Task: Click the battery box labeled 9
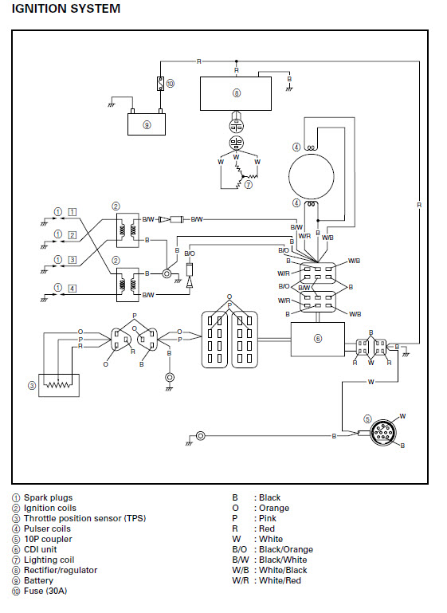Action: (x=147, y=124)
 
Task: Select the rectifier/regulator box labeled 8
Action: (x=236, y=93)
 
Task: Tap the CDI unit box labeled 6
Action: (x=318, y=339)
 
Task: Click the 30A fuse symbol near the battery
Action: (x=160, y=83)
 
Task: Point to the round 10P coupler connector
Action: (x=383, y=433)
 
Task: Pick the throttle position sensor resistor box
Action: (x=59, y=386)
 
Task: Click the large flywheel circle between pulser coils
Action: (x=312, y=176)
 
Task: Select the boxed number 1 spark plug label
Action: (x=73, y=212)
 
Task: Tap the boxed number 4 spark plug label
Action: (x=73, y=289)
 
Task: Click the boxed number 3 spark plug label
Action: (x=73, y=260)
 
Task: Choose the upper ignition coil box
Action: (x=127, y=230)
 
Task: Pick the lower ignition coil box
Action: (x=127, y=285)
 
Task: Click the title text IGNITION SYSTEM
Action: (x=66, y=9)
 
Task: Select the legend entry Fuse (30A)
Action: (x=45, y=591)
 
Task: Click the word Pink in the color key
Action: (x=268, y=518)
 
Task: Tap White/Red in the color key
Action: (x=280, y=580)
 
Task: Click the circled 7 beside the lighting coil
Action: (x=248, y=184)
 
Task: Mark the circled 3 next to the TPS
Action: (x=32, y=386)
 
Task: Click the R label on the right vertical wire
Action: (x=419, y=205)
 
